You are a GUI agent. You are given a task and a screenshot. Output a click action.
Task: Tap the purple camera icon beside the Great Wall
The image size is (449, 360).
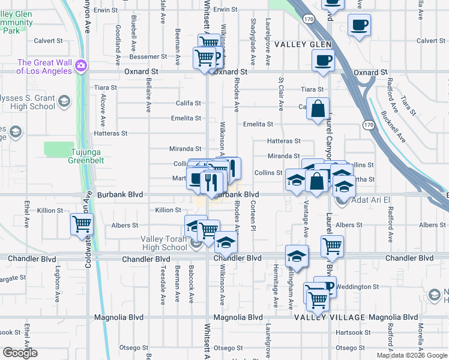click(x=82, y=66)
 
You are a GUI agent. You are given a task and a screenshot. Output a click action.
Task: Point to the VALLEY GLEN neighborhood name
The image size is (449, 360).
click(x=304, y=45)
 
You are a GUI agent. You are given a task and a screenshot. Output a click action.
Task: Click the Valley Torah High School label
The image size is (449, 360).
click(x=164, y=243)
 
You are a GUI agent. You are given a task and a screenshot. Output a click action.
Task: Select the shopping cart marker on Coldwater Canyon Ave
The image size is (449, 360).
click(x=82, y=225)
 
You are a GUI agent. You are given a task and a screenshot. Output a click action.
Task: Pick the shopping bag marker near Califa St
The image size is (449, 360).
click(x=318, y=109)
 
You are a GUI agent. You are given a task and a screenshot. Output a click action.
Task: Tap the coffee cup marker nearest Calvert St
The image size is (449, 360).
click(x=359, y=26)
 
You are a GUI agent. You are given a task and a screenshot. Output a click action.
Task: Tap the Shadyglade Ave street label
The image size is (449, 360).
click(x=252, y=42)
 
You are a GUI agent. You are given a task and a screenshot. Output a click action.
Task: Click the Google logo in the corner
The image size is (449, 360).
click(x=20, y=353)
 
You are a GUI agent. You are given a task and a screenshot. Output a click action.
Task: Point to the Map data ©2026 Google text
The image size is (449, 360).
click(x=411, y=355)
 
